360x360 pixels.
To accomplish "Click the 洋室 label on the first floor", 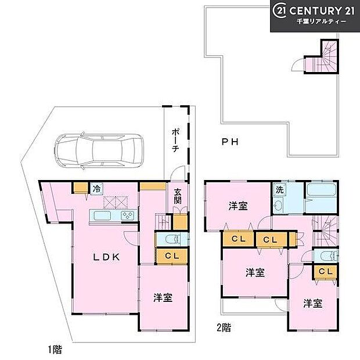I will (x=163, y=298).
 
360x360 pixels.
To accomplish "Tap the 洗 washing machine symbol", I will (x=279, y=189).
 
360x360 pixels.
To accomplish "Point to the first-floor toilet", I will (x=170, y=239).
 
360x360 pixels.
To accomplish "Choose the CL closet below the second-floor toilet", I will (x=325, y=272).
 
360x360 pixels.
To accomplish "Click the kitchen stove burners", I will (x=128, y=215).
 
